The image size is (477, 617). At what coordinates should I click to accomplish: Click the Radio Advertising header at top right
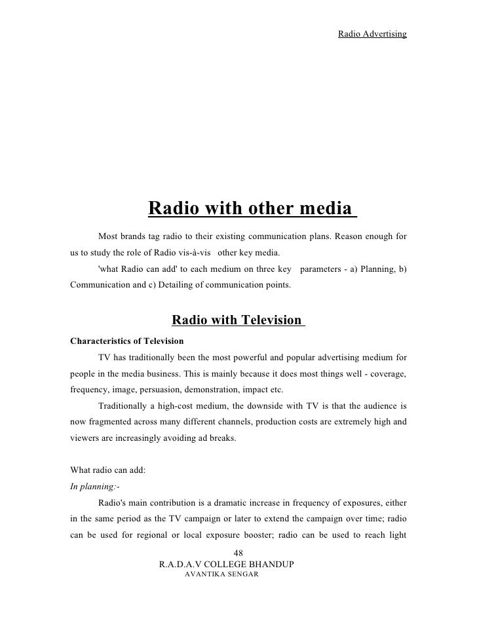coord(372,33)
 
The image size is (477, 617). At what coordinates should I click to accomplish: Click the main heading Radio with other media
coord(252,209)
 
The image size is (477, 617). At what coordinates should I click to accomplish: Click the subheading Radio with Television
coord(238,320)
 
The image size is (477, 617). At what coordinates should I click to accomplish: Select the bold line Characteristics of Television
coord(127,341)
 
